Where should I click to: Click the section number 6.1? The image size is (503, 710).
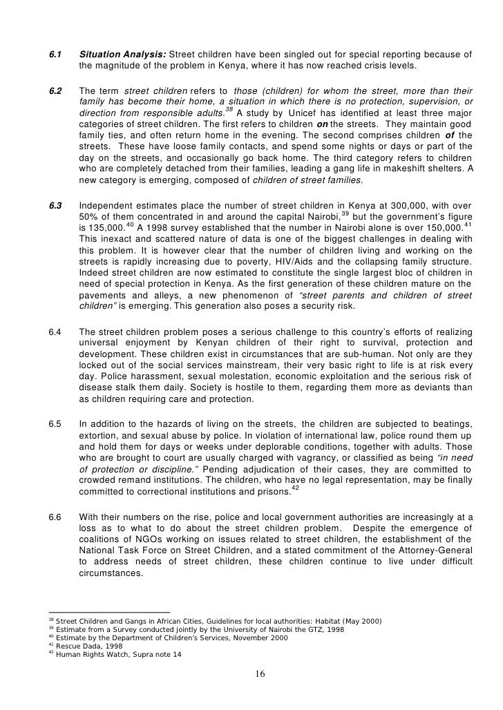click(55, 55)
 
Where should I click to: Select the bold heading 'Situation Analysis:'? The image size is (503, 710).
click(123, 55)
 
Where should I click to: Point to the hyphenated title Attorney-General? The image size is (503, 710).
click(437, 550)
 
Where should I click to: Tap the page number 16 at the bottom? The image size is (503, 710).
click(260, 674)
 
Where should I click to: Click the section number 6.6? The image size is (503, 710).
click(55, 516)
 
